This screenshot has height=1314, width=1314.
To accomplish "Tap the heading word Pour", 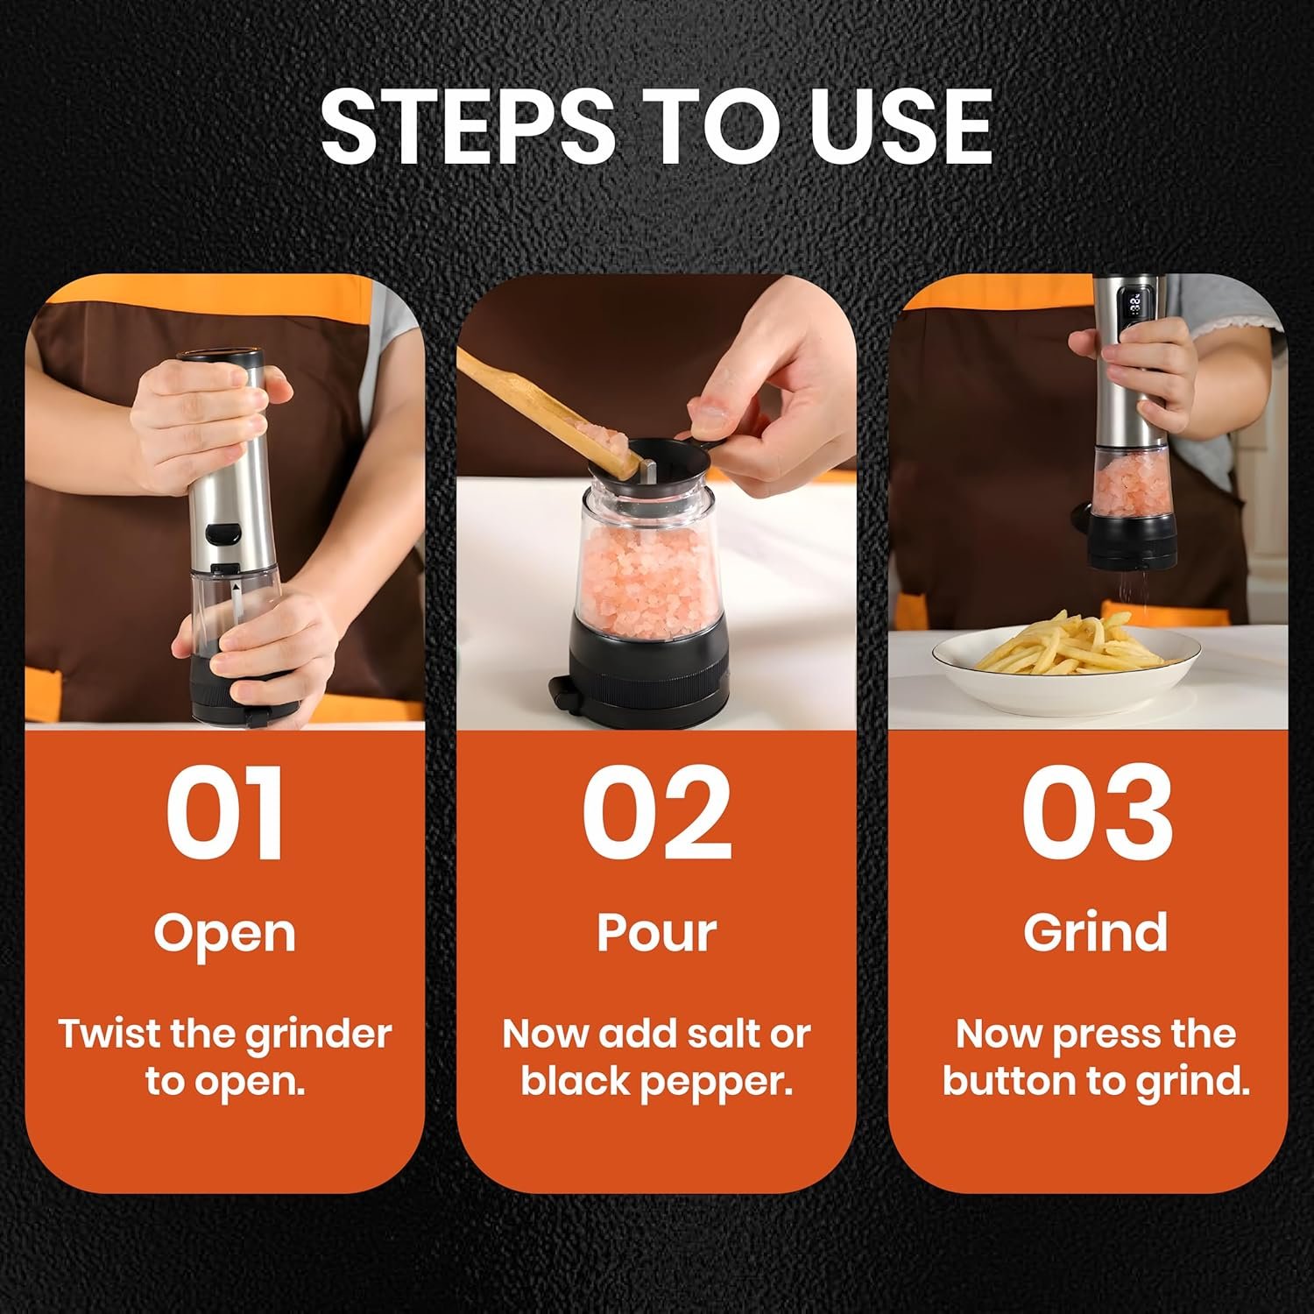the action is click(657, 933).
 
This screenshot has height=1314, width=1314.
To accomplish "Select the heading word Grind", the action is click(1096, 933).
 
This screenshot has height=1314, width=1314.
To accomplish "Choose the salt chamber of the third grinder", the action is click(1131, 481).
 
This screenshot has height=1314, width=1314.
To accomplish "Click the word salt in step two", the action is click(729, 1035).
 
